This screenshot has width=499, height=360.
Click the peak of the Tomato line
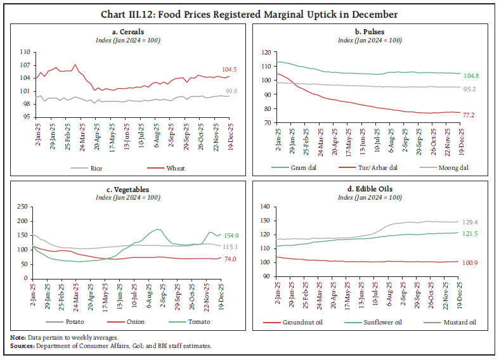(x=159, y=229)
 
